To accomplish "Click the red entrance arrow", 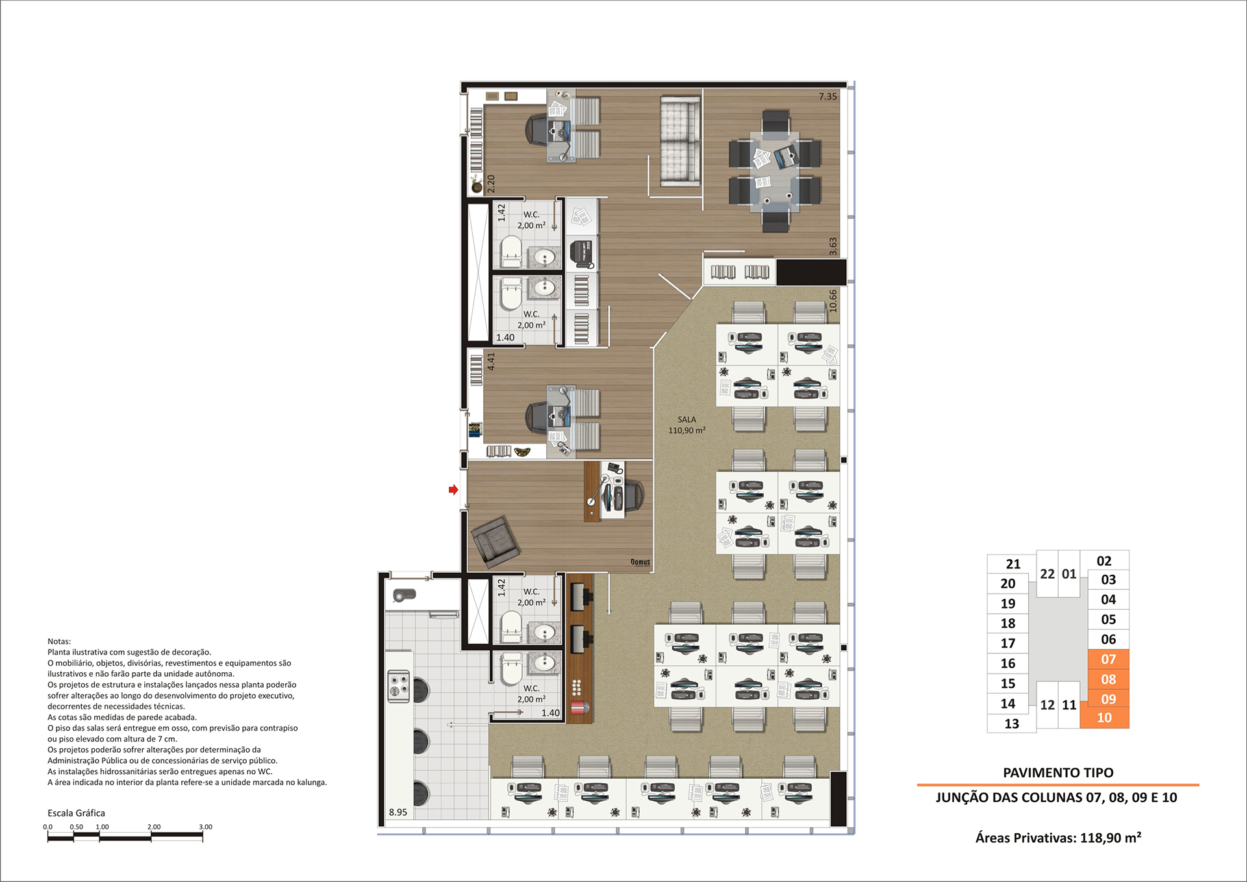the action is click(x=453, y=490).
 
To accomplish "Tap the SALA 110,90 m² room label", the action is click(x=686, y=425).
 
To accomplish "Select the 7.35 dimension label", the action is click(x=827, y=97).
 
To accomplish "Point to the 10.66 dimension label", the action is click(x=833, y=301).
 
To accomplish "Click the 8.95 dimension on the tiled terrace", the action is click(x=398, y=812).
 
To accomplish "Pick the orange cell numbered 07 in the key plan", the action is click(x=1109, y=659).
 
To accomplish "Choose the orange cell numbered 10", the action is click(x=1105, y=718).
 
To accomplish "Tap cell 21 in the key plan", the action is click(x=1013, y=564).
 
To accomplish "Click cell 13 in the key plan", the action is click(x=1012, y=724).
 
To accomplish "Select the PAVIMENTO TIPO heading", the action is click(x=1058, y=773).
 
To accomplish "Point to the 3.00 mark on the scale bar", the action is click(x=205, y=827).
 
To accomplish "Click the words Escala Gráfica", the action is click(x=76, y=813).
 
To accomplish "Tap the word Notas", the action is click(x=59, y=641).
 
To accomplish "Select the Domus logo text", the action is click(x=640, y=562).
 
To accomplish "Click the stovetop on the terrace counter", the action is click(x=399, y=687).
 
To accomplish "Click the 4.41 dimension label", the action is click(x=491, y=362).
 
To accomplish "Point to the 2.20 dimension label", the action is click(x=491, y=184).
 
